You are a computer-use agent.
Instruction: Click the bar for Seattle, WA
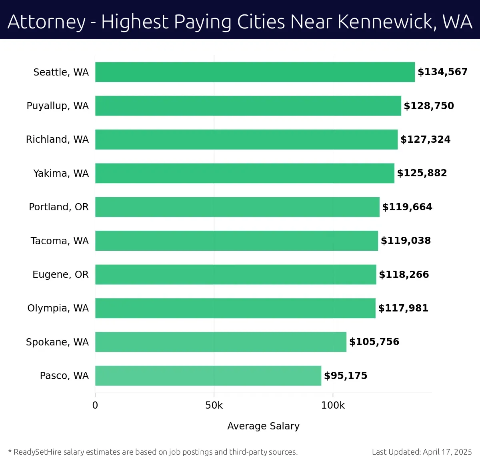(255, 72)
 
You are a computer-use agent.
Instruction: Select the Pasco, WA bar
(208, 375)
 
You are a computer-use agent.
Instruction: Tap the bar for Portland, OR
(237, 207)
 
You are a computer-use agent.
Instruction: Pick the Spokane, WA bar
(220, 342)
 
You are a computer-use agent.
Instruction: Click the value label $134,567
(442, 72)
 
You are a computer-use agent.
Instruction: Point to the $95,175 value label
(346, 376)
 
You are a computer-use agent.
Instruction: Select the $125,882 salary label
(422, 173)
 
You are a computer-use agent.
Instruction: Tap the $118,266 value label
(404, 275)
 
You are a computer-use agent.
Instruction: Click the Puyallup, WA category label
(58, 106)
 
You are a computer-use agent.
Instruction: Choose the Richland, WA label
(57, 140)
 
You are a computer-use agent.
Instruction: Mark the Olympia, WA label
(58, 308)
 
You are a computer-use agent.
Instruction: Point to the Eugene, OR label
(60, 275)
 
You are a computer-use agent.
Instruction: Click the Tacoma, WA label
(60, 241)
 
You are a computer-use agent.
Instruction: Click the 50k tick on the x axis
(214, 405)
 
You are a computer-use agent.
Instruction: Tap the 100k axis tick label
(333, 405)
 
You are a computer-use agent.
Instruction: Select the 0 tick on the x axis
(95, 405)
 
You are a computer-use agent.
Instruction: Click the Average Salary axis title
(263, 426)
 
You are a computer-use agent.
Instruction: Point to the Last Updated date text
(422, 452)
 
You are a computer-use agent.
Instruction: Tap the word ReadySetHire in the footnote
(38, 452)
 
